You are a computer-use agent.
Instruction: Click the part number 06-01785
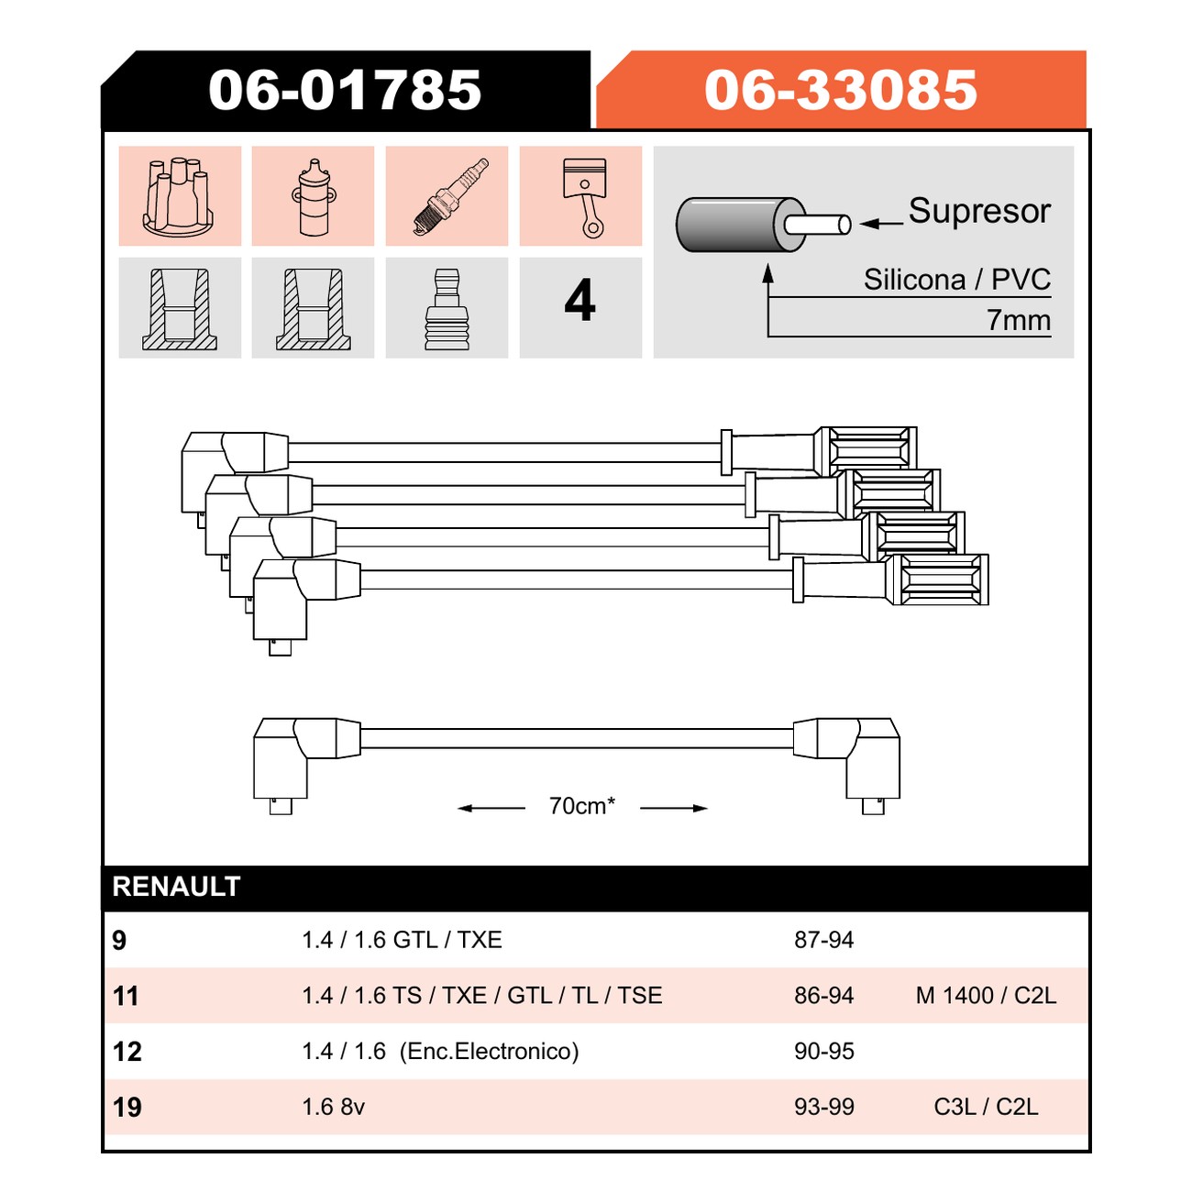tap(345, 90)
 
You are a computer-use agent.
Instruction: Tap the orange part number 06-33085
tap(841, 90)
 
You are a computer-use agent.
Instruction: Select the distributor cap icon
tap(179, 197)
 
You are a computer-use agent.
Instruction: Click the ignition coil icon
tap(314, 197)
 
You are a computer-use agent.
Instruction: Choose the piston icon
tap(585, 198)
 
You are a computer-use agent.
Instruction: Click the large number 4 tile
tap(579, 301)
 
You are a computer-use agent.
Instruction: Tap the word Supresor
tap(979, 211)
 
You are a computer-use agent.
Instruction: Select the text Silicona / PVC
tap(957, 280)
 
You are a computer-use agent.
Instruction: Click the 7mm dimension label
tap(1019, 320)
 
